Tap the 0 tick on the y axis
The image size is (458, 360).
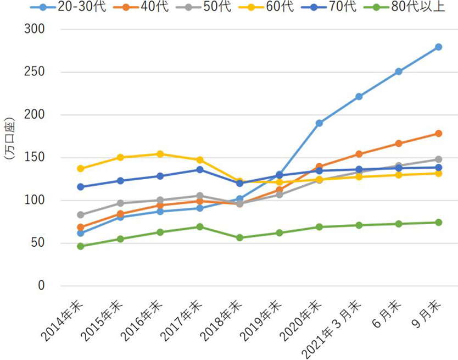click(41, 286)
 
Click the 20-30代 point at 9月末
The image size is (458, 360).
click(438, 47)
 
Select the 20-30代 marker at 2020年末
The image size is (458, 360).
click(319, 123)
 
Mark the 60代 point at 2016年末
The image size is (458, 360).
click(160, 154)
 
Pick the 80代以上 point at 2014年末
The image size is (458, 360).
click(80, 246)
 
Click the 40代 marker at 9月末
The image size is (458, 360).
click(438, 134)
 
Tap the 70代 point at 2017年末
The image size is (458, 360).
click(200, 169)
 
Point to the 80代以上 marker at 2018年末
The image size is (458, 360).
click(239, 238)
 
